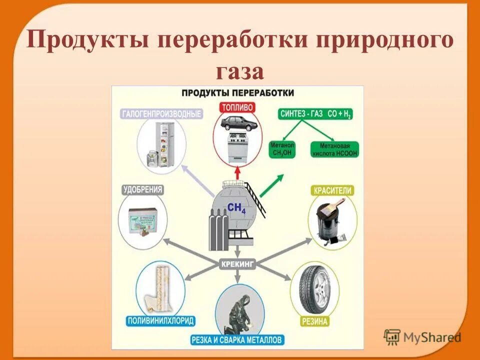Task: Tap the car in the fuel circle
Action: (238, 123)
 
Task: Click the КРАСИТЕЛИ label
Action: (332, 190)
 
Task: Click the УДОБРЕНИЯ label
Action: (143, 190)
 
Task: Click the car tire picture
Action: (314, 287)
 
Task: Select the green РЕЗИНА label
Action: (314, 321)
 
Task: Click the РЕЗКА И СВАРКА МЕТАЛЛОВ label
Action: (237, 340)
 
